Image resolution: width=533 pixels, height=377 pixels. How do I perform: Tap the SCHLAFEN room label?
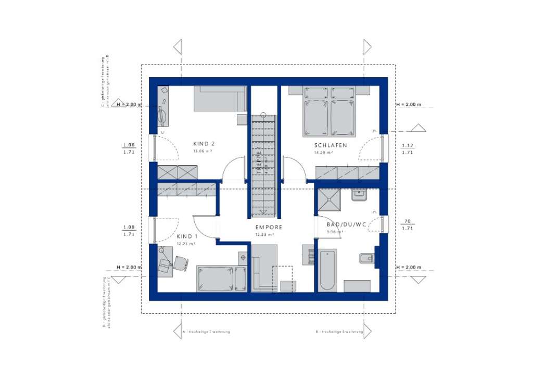click(x=330, y=145)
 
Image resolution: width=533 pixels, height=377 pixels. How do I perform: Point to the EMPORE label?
click(x=269, y=228)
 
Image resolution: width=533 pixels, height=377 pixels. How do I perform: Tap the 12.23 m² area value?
click(x=264, y=235)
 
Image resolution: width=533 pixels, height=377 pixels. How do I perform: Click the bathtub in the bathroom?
click(x=328, y=270)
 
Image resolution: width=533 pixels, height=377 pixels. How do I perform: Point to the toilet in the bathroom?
click(x=367, y=258)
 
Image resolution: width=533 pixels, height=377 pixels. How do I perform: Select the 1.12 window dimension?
click(x=407, y=145)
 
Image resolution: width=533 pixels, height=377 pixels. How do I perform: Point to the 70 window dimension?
click(x=407, y=221)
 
